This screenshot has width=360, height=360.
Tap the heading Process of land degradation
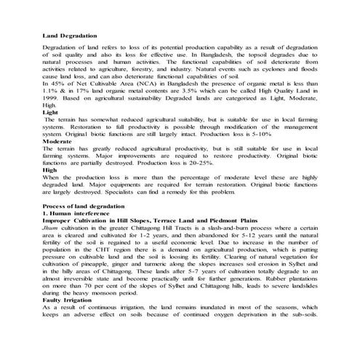coord(84,207)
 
